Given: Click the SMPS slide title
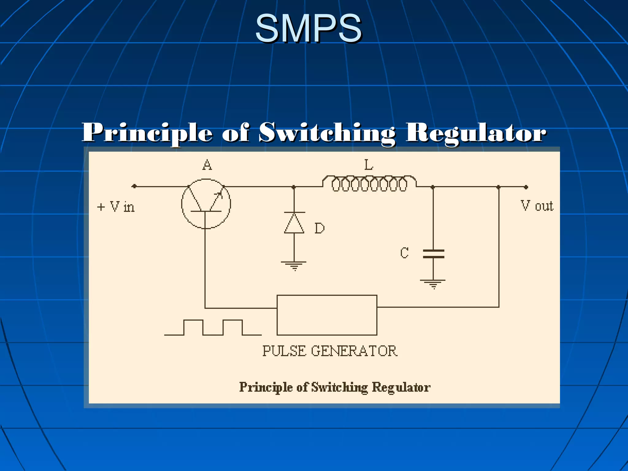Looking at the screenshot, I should pos(308,28).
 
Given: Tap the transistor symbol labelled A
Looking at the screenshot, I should pos(206,204).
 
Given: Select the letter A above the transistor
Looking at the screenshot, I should pos(207,165).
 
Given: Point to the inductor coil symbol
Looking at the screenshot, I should pos(369,183).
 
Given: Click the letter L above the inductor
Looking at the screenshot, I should pos(369,165).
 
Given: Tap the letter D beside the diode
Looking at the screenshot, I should pos(320,228).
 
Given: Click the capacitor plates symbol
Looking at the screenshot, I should pos(433,254).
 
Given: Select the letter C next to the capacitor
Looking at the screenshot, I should pos(404,253).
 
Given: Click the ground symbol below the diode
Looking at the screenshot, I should pos(294,265).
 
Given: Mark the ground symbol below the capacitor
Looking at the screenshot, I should pos(433,284).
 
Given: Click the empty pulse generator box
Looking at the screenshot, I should pos(327,315).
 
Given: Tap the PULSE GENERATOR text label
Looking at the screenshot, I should pos(330,351).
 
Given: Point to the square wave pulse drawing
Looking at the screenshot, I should pos(213,327).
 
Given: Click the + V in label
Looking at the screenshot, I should pos(116,207).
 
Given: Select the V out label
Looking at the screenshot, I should pos(537,206).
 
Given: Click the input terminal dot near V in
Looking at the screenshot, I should pos(134,186).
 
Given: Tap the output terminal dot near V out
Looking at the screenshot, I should pos(526,187).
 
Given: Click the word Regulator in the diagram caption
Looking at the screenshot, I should pos(401,387).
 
